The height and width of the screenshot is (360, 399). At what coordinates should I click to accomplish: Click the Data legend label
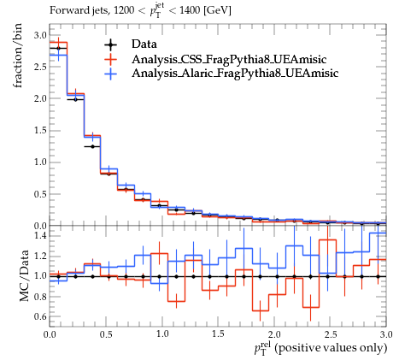(x=144, y=44)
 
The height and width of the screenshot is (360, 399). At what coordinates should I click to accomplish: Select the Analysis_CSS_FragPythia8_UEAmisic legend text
(x=229, y=59)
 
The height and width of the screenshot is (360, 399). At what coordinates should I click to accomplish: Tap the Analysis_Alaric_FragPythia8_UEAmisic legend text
(x=235, y=74)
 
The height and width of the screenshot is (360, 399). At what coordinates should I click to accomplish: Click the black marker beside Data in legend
(x=110, y=44)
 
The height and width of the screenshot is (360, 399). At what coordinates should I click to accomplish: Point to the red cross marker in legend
(x=110, y=59)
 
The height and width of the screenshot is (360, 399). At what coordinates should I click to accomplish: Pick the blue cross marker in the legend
(x=110, y=74)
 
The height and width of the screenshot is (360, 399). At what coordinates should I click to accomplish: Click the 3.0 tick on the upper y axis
(x=40, y=35)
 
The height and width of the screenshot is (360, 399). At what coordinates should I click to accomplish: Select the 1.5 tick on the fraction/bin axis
(x=40, y=131)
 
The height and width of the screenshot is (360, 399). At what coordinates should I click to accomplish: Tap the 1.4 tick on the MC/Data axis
(x=40, y=235)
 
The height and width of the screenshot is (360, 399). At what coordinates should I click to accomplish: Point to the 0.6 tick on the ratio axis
(x=40, y=316)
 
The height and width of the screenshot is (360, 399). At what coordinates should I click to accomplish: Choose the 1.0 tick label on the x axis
(x=162, y=334)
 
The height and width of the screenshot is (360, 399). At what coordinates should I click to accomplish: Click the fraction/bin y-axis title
(x=18, y=56)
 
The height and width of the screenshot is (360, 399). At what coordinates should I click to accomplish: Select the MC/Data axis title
(x=24, y=275)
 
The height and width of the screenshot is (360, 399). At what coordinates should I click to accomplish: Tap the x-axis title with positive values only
(x=320, y=348)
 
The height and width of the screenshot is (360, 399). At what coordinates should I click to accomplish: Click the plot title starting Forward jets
(x=140, y=10)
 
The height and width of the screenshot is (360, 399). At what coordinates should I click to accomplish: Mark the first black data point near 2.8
(x=58, y=48)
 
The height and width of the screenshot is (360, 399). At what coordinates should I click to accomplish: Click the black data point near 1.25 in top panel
(x=92, y=146)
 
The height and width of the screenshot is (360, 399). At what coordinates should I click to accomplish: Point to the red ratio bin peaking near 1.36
(x=327, y=240)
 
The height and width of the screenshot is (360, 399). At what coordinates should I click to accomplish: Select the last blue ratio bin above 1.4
(x=378, y=233)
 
